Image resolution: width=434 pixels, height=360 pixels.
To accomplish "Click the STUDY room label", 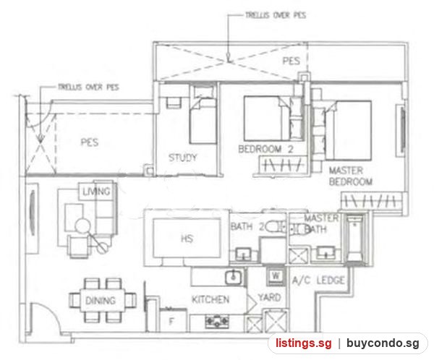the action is pos(183,158).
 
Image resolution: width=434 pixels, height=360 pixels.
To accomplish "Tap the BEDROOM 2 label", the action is pos(265,149).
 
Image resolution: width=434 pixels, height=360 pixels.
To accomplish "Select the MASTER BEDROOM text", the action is pos(350,176).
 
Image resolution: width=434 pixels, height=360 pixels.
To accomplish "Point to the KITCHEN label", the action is pos(210,299).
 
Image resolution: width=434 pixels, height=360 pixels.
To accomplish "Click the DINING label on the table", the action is pos(101,301).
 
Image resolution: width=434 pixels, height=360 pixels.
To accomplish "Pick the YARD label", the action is pos(269,297).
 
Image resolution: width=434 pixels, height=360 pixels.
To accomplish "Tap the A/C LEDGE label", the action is pos(318,280).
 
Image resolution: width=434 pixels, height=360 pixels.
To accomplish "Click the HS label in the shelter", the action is pos(187,239).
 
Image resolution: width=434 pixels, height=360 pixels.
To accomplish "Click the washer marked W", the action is pos(276,276).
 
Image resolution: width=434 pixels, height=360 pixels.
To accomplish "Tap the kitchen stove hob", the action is pos(217,322).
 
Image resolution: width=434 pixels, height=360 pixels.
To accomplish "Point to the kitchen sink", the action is pos(234,277).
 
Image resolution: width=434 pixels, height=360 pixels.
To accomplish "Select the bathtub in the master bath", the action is pos(355,239).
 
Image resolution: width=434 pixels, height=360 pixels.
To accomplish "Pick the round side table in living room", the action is pos(82,226).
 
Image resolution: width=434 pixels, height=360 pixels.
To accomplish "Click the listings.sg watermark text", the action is pos(304,343).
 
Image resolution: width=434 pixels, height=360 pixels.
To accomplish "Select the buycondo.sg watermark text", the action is pos(383,343).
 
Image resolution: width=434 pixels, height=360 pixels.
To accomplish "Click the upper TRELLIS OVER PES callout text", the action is pos(276,15).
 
